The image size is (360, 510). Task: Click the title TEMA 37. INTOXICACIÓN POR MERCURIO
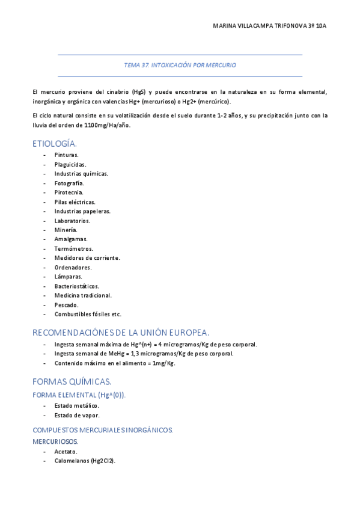pyautogui.click(x=180, y=64)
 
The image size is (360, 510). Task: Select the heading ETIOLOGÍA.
pyautogui.click(x=55, y=144)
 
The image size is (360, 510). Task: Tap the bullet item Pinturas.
pyautogui.click(x=66, y=155)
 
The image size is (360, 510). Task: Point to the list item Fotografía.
pyautogui.click(x=69, y=183)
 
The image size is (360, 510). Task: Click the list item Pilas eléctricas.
pyautogui.click(x=75, y=201)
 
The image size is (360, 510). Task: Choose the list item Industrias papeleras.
pyautogui.click(x=82, y=211)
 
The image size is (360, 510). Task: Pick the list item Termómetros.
pyautogui.click(x=73, y=248)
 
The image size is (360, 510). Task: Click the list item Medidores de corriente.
pyautogui.click(x=87, y=258)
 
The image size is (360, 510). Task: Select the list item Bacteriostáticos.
pyautogui.click(x=76, y=286)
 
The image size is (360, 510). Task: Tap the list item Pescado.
pyautogui.click(x=66, y=305)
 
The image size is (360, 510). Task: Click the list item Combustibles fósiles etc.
pyautogui.click(x=88, y=314)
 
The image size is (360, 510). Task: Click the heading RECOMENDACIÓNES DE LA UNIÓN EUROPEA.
pyautogui.click(x=121, y=332)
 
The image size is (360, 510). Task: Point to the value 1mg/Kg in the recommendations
pyautogui.click(x=163, y=363)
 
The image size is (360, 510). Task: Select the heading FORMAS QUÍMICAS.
pyautogui.click(x=72, y=381)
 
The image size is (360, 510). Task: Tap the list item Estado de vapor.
pyautogui.click(x=77, y=415)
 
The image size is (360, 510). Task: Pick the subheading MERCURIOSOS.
pyautogui.click(x=55, y=441)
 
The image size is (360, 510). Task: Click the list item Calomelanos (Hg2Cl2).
pyautogui.click(x=84, y=461)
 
